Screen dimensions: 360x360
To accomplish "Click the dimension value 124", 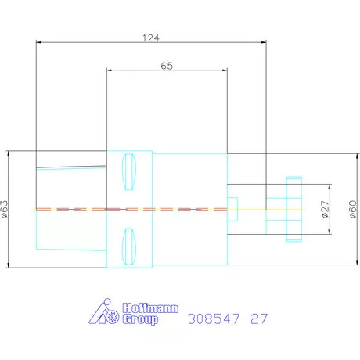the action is point(151,38).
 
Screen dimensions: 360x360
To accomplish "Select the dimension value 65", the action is point(167,66).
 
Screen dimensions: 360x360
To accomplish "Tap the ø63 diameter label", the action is point(5,209).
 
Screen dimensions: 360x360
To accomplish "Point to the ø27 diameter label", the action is point(325,209).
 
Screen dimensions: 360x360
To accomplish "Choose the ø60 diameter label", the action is point(353,209).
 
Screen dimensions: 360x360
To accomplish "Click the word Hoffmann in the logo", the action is point(150,308).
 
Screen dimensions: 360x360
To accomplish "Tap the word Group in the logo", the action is point(140,319).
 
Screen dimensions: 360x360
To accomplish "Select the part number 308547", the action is point(214,319).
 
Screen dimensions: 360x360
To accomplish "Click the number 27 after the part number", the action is point(259,319).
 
